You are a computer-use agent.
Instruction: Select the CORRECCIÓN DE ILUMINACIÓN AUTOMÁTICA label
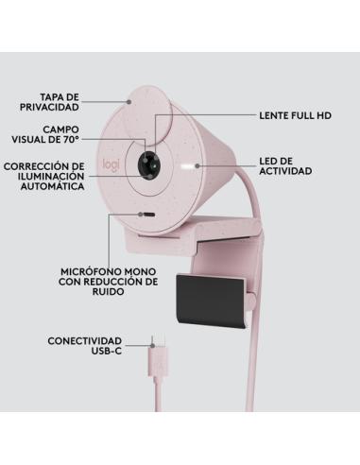(43, 176)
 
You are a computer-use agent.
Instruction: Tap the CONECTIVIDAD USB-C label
(85, 345)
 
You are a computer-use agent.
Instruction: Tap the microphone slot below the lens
(147, 215)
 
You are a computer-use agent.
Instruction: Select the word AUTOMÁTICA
(52, 187)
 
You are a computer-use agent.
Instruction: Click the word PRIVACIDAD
(72, 107)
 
